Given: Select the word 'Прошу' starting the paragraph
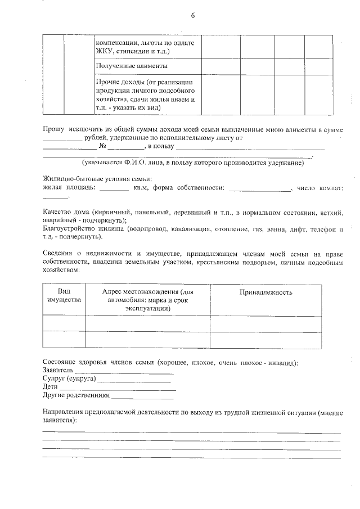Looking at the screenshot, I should tap(53, 129).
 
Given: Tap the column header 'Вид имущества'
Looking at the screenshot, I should tap(64, 295).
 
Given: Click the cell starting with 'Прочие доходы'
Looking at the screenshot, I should tap(145, 94).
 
